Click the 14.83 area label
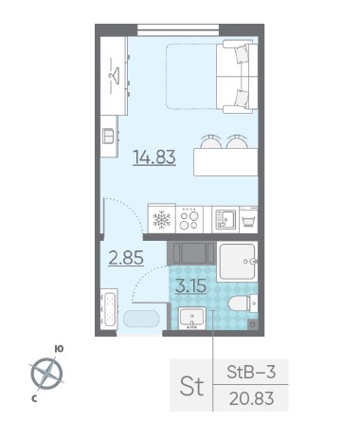(154, 157)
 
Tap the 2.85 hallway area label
(126, 257)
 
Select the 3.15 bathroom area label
(190, 286)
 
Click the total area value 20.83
(251, 398)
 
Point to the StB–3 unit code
(251, 372)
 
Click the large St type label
(191, 386)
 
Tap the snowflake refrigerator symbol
(162, 220)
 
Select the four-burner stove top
(189, 220)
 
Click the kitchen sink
(225, 220)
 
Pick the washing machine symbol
(248, 220)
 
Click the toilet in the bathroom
(243, 303)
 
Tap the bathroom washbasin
(192, 318)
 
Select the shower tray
(238, 261)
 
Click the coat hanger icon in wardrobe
(115, 75)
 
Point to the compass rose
(47, 374)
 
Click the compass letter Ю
(59, 349)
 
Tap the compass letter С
(34, 399)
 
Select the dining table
(225, 162)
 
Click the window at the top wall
(178, 30)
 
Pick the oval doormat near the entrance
(141, 319)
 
